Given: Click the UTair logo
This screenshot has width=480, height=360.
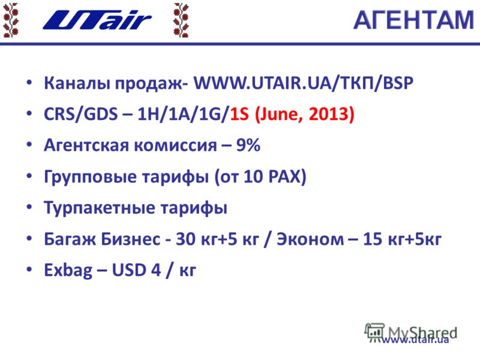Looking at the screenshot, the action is coord(97,20).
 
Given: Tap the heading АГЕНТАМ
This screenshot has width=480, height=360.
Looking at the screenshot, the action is coord(413,20).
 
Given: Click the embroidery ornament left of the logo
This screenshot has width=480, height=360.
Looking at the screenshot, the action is coord(11,20).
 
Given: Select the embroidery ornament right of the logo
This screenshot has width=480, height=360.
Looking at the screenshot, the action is coord(181,20).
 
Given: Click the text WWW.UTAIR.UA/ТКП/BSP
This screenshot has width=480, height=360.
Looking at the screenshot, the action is coord(303,83).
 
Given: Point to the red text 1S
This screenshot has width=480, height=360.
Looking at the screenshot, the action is coord(239,114).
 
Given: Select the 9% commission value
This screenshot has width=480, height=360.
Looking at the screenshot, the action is coord(248,145).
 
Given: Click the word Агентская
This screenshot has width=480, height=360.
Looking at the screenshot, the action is coord(86,145).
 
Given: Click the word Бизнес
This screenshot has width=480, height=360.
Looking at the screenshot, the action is coord(130,239).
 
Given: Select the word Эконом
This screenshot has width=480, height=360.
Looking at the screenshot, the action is coord(310,239).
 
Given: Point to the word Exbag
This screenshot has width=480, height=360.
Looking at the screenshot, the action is coord(68,271).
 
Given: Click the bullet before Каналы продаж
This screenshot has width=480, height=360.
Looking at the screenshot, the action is coord(29,82).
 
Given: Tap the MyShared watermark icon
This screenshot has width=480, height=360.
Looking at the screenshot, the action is coord(374,332).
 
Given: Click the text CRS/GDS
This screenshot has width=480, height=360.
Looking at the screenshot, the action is coord(81,114).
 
